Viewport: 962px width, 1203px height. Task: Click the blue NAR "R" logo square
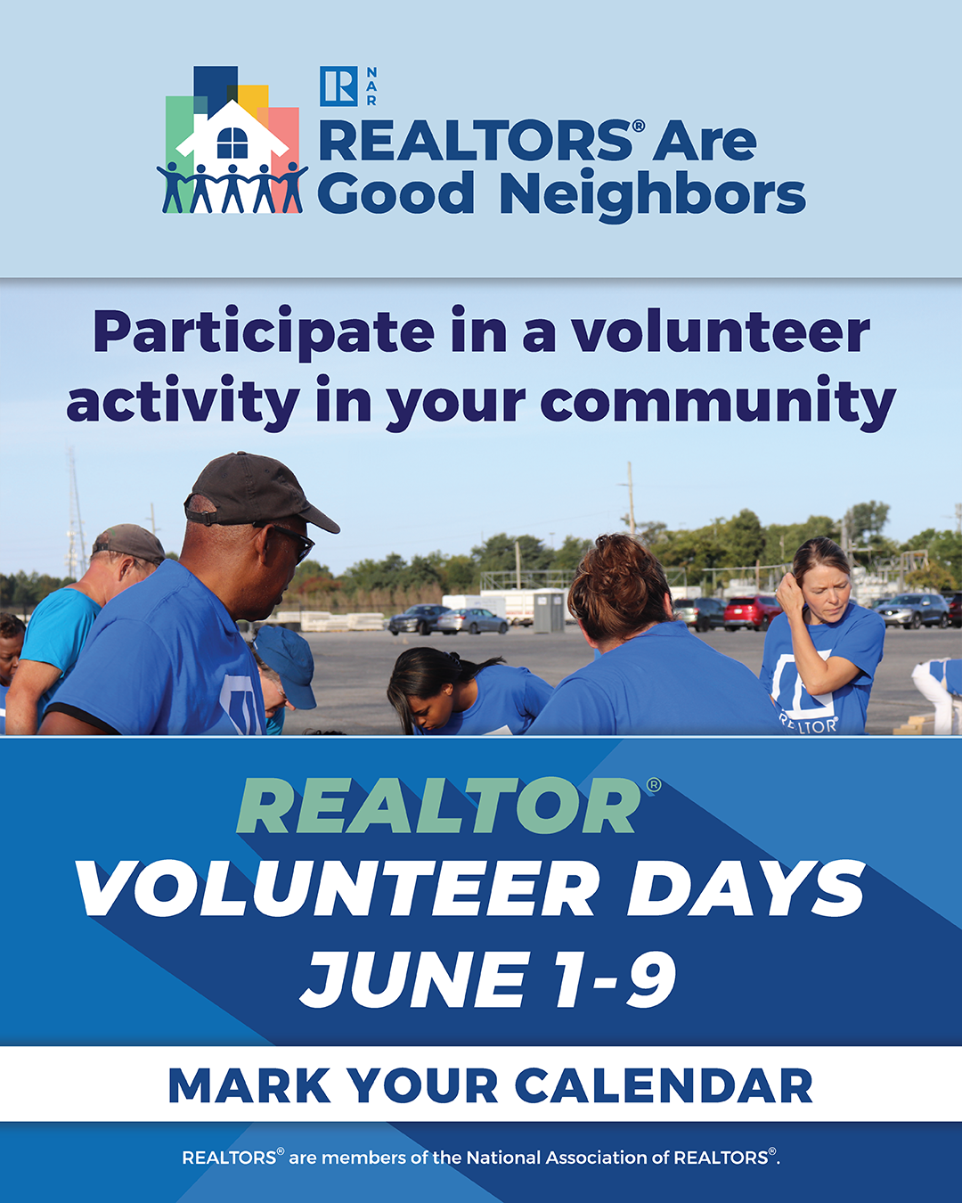tap(338, 86)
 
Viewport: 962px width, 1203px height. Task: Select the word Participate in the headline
tap(264, 332)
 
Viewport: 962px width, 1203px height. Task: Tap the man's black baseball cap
tap(260, 492)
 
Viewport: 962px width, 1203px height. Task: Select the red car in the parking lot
tap(753, 612)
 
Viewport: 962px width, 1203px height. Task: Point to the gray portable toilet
tap(550, 611)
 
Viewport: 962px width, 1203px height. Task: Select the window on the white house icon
tap(232, 143)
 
